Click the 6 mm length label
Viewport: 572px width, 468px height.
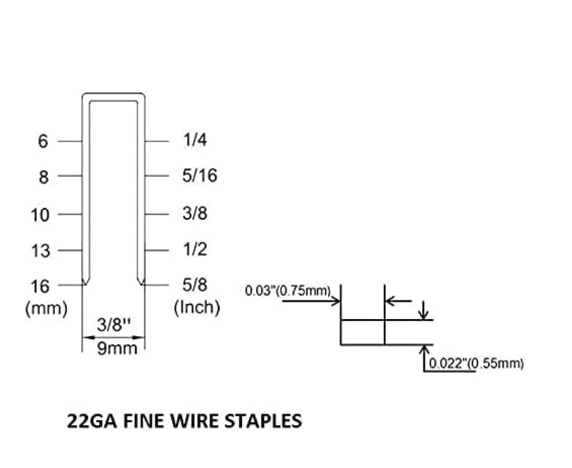click(42, 141)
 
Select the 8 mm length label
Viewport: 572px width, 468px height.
click(42, 178)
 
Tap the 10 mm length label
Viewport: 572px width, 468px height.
click(39, 215)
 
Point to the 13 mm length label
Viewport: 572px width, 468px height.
click(39, 251)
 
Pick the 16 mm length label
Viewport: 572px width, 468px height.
click(39, 286)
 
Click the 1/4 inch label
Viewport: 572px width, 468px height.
click(195, 140)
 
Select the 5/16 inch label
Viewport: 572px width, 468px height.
click(199, 176)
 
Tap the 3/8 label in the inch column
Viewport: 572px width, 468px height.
click(195, 213)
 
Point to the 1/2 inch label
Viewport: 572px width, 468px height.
click(195, 249)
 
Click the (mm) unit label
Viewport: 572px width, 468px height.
click(46, 309)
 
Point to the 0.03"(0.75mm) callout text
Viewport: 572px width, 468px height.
click(289, 291)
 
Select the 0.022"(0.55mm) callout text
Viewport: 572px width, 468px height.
click(476, 364)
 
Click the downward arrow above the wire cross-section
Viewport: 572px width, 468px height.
click(425, 311)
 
